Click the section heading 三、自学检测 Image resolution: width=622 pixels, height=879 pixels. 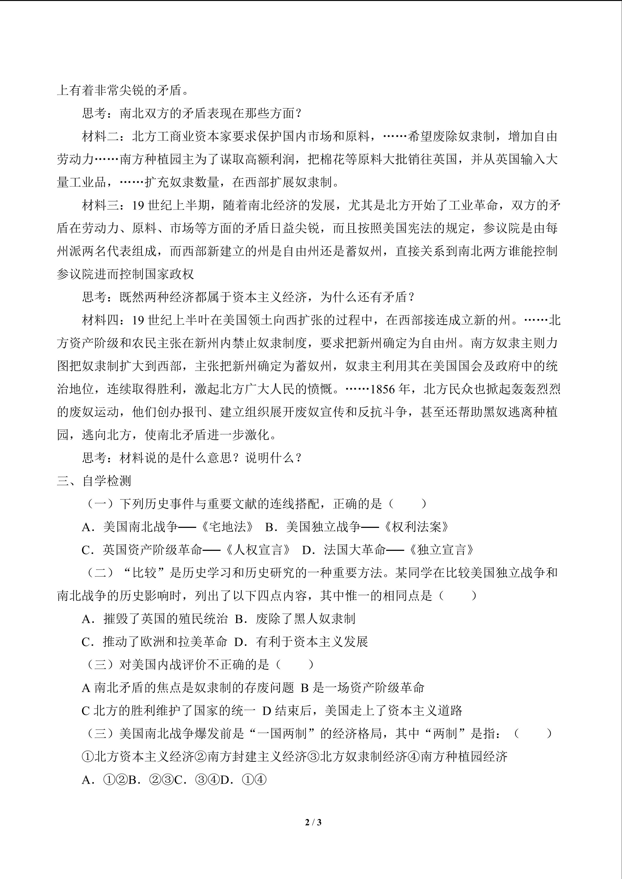(94, 481)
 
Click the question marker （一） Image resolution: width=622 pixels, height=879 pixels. (100, 504)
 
